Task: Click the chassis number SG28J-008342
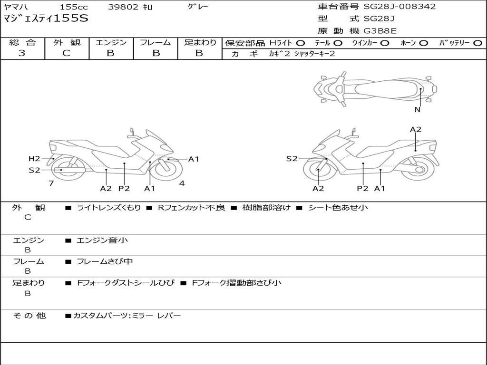399,7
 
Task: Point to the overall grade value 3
22,53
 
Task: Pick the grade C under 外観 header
67,53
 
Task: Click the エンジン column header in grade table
111,43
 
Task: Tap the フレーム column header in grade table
156,43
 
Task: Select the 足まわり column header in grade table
200,43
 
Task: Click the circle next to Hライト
301,43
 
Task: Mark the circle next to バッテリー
478,43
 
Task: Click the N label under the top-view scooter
417,110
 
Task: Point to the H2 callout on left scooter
34,159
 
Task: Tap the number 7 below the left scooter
51,183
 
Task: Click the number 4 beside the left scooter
182,183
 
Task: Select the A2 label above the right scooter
416,129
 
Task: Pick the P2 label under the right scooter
363,188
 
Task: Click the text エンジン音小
102,240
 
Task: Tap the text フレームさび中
105,261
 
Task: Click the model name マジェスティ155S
46,19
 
